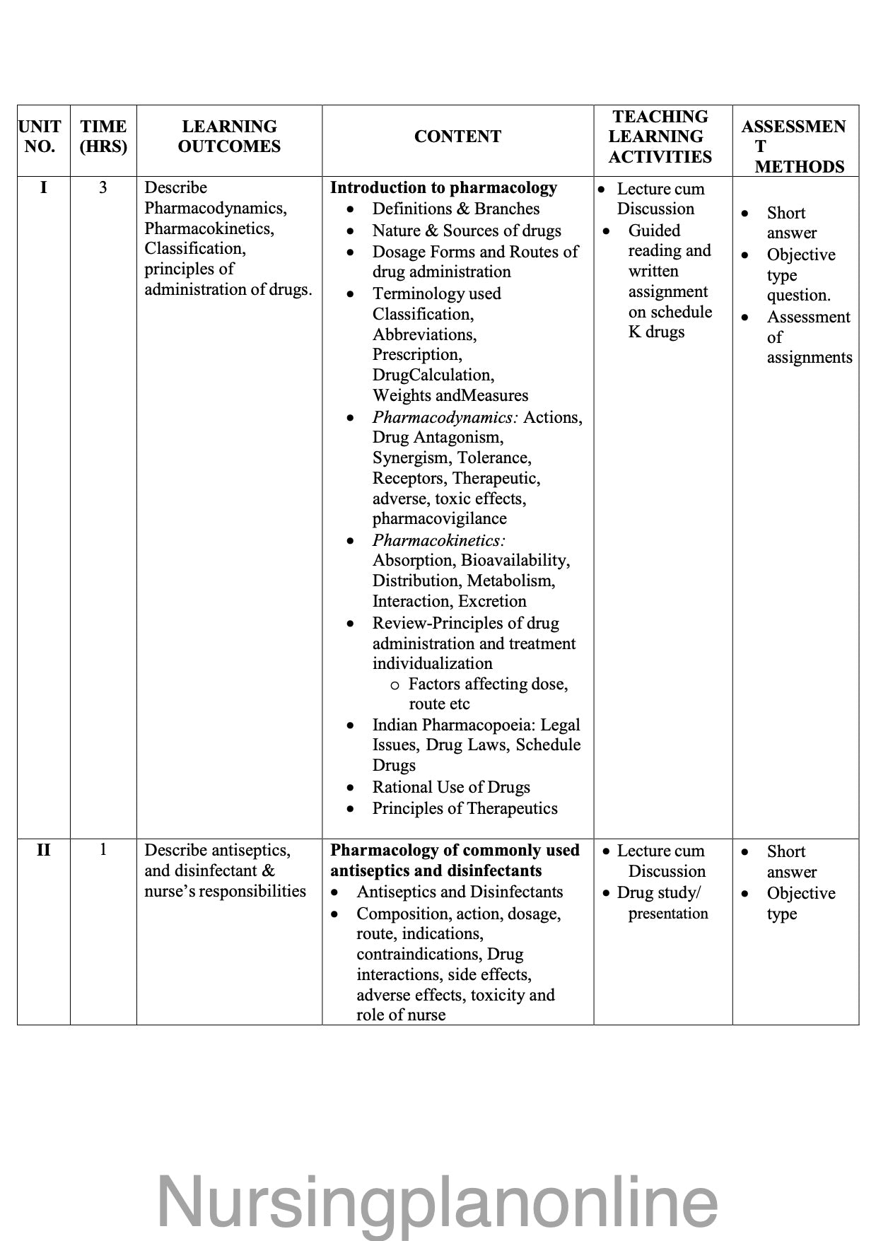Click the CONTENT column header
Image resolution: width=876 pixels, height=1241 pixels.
(457, 136)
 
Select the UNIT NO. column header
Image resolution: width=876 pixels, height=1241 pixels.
(40, 136)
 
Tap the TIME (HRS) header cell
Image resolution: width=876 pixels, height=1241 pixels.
(103, 136)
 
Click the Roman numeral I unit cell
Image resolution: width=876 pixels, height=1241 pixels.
(43, 188)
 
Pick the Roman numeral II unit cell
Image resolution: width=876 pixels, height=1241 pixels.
(43, 850)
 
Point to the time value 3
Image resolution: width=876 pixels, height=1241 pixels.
(103, 188)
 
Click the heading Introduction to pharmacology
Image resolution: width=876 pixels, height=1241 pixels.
(443, 188)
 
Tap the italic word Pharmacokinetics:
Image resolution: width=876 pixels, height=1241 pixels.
(439, 540)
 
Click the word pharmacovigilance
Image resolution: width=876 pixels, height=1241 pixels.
(439, 518)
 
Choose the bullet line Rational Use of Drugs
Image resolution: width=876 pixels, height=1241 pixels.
(451, 787)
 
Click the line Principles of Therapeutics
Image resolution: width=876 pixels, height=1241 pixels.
(465, 808)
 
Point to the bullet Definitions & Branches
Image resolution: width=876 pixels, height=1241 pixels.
(455, 209)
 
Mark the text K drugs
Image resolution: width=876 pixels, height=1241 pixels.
(656, 332)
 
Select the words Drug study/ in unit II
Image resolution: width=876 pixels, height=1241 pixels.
(659, 892)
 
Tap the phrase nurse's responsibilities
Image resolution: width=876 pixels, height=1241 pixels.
(225, 891)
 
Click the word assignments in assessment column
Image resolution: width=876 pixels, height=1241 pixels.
(810, 357)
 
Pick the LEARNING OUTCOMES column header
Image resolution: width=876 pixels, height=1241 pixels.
(229, 136)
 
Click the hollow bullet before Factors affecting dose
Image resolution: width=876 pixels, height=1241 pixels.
(395, 684)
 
